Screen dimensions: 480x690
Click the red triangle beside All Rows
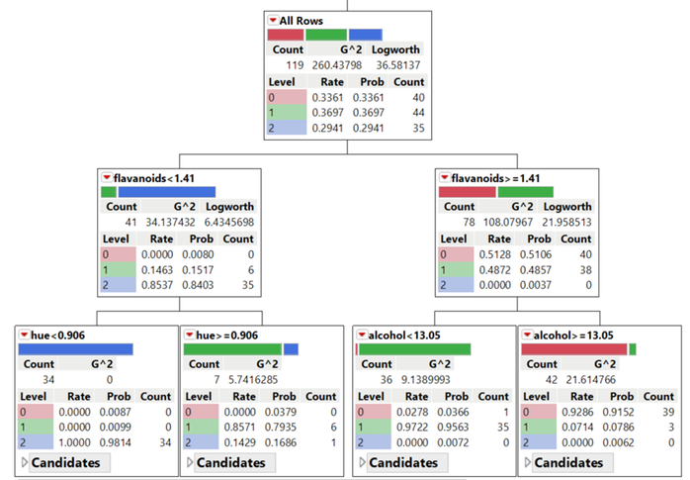click(x=273, y=21)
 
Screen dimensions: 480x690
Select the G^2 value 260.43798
click(x=342, y=64)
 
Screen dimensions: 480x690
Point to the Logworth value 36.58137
click(x=396, y=64)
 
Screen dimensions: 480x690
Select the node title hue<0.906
click(x=57, y=336)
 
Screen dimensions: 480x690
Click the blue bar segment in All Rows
click(x=366, y=35)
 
